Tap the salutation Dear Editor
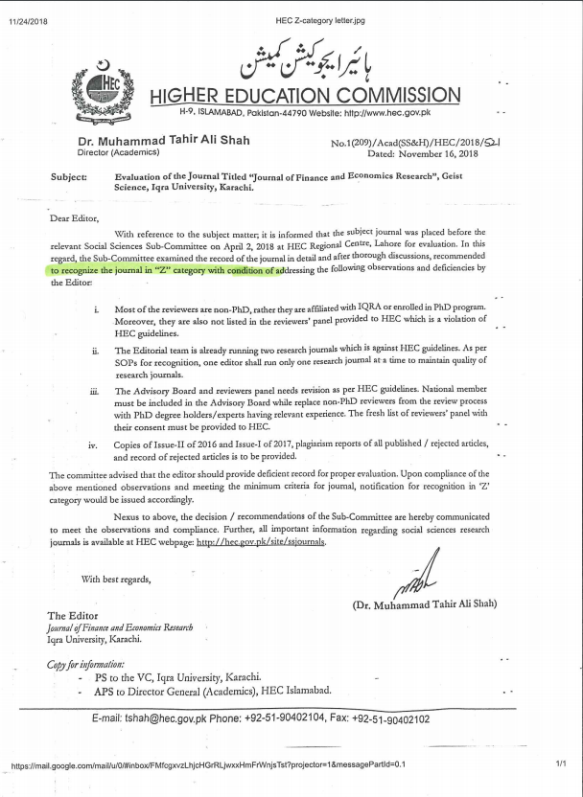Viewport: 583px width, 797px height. (x=73, y=217)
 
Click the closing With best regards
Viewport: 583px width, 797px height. (x=116, y=578)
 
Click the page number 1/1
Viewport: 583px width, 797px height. (x=561, y=763)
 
